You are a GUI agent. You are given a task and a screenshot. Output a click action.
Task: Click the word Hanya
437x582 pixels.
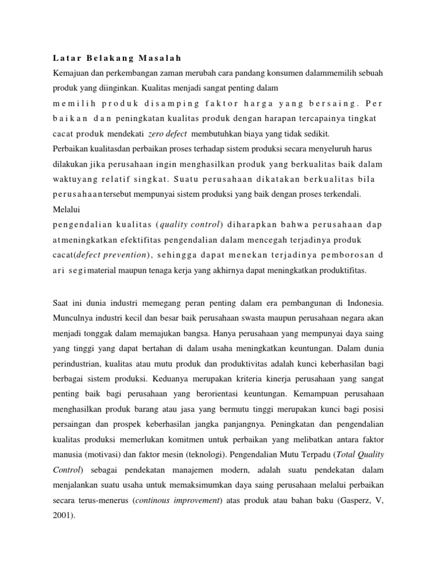[232, 329]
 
